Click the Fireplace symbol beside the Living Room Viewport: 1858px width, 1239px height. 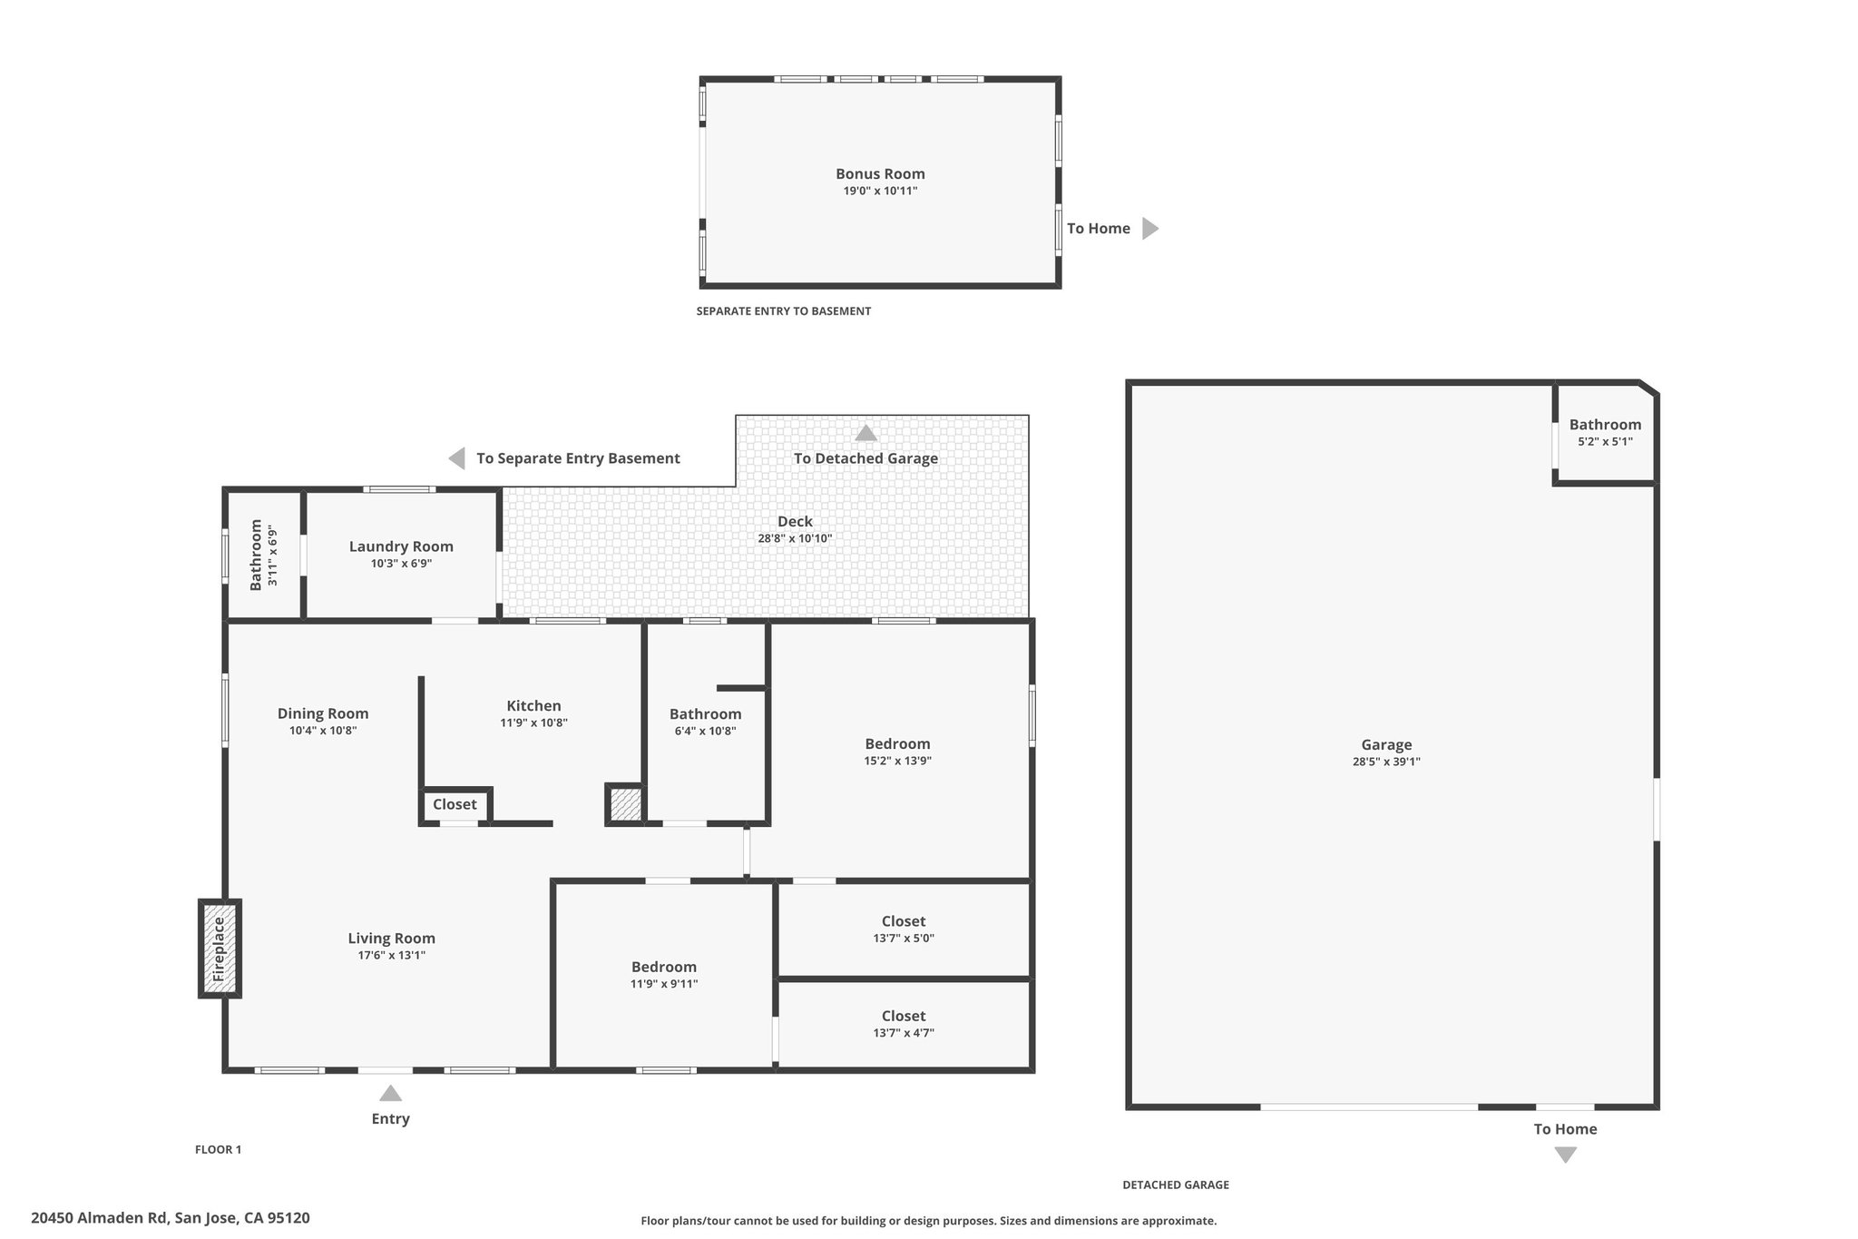coord(220,949)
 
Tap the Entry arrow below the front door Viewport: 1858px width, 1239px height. coord(390,1094)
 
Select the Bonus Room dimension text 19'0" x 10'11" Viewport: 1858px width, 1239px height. coord(880,192)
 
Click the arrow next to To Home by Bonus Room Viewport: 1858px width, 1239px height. coord(1149,229)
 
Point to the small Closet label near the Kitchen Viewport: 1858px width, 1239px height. coord(455,805)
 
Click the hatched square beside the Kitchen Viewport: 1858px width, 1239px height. coord(625,805)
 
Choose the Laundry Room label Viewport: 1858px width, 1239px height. coord(401,546)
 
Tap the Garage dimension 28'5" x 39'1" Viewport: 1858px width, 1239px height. coord(1385,762)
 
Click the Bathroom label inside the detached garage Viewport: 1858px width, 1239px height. coord(1605,425)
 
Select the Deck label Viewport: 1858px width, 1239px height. coord(795,522)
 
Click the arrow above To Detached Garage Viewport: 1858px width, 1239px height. coord(865,434)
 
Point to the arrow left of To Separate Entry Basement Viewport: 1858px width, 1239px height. coord(457,458)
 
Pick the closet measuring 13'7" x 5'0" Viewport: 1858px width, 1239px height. coord(904,929)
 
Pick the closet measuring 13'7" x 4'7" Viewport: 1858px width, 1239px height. coord(904,1024)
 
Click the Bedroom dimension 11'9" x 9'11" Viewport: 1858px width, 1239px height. coord(664,984)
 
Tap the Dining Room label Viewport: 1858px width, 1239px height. coord(323,714)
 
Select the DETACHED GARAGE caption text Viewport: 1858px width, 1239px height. coord(1176,1185)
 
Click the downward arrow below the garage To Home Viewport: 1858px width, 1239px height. coord(1565,1155)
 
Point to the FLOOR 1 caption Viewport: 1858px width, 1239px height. coord(218,1150)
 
